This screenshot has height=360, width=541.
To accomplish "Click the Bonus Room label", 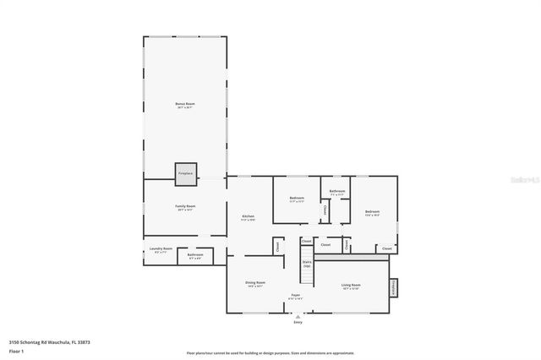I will point(185,104).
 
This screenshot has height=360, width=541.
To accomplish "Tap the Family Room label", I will point(185,206).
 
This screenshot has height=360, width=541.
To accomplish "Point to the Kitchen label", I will point(249,216).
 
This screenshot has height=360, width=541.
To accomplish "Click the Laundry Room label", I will point(161,248).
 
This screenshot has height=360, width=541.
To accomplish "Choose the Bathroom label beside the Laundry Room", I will point(195,254).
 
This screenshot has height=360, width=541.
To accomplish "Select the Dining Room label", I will point(255,282).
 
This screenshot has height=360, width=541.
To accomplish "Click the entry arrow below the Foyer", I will point(298,316).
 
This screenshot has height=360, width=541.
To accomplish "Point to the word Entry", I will point(298,323).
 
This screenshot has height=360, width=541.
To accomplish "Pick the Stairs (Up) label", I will point(307,264).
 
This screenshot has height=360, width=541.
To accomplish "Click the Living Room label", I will point(350,285).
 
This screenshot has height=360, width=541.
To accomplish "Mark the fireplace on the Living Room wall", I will point(392,287).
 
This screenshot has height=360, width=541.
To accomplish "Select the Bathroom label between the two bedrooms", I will point(337,191).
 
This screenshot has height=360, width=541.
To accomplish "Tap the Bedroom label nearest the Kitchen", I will point(296,199).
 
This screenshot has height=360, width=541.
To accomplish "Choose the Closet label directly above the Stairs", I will point(307,241).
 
